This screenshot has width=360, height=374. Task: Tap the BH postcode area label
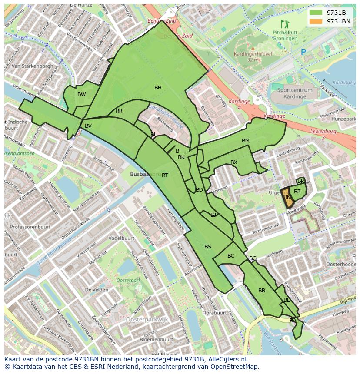point(158,88)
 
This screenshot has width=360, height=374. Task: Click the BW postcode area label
point(81,94)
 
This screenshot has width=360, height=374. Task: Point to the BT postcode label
point(165,175)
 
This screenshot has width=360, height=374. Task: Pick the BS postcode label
point(208,247)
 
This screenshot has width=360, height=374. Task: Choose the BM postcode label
point(246,141)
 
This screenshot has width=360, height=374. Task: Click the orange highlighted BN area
point(286,195)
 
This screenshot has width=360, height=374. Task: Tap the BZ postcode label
point(297,192)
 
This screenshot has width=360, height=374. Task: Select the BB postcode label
point(262,291)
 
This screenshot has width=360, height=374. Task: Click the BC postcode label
point(231,256)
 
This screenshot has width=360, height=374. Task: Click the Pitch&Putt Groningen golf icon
point(285,24)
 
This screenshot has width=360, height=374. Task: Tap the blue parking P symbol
point(303,52)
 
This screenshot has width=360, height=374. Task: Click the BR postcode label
point(119,111)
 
